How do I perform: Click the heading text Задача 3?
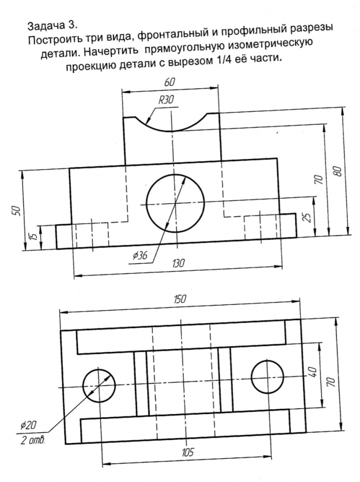coord(48,25)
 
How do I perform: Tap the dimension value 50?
coord(16,210)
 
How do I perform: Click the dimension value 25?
coord(307,219)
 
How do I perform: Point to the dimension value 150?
coord(179,300)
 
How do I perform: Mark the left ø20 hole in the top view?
coord(99,386)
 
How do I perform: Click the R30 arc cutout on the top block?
coord(170,128)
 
